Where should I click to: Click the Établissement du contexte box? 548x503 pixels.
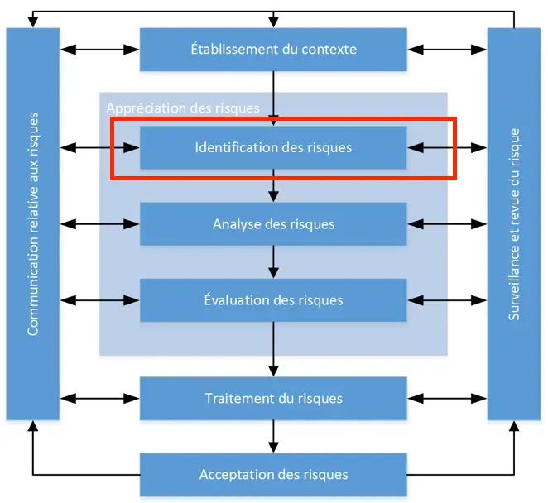pos(272,49)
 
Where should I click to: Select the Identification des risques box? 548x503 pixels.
pos(272,148)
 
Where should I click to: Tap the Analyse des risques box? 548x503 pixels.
pos(272,223)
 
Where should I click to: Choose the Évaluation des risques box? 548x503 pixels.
pos(272,299)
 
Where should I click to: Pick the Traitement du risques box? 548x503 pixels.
pos(272,398)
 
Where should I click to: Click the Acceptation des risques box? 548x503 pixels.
pos(272,474)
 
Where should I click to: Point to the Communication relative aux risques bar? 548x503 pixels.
pos(33,223)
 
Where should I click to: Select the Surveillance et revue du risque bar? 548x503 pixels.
pos(513,223)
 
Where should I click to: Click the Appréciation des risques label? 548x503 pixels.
pos(182,108)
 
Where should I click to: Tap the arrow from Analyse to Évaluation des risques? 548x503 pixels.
pos(272,261)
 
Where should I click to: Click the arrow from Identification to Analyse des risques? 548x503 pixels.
pos(272,186)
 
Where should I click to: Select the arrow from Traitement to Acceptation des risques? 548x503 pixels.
pos(272,436)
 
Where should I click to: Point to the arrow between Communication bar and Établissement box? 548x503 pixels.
pos(99,49)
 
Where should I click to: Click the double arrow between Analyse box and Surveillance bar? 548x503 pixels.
pos(446,223)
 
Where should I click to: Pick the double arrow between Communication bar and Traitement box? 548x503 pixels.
pos(99,398)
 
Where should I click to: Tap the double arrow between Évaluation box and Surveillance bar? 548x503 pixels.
pos(446,299)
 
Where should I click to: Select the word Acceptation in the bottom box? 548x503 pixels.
pos(231,474)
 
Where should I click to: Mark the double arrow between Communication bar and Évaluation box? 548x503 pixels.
pos(99,299)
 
